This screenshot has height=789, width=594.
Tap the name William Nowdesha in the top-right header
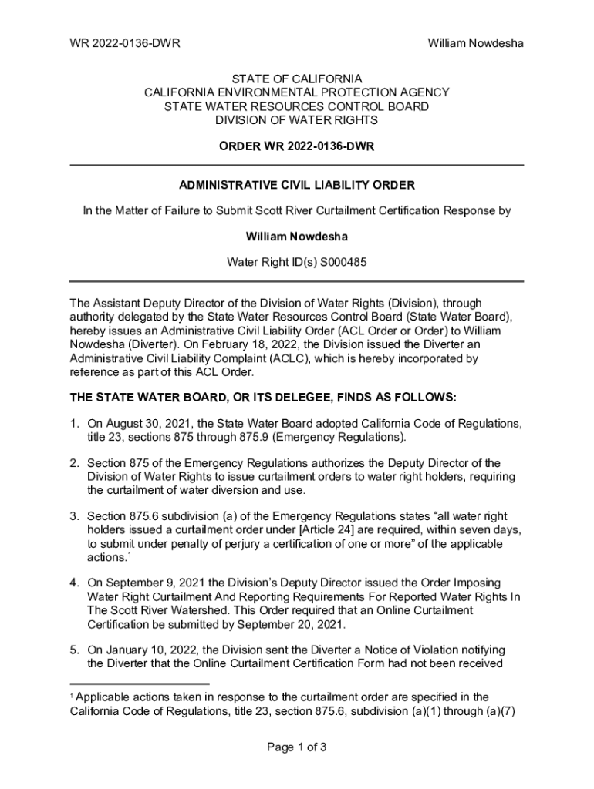click(476, 43)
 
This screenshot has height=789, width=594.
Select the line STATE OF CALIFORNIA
click(297, 79)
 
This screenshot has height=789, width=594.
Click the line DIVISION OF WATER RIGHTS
click(297, 120)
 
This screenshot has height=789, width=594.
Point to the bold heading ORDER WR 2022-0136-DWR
click(297, 146)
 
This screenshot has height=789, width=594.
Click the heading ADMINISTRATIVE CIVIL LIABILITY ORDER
click(297, 186)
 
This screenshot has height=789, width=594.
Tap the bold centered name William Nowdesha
click(297, 237)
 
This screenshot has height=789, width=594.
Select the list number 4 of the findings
click(74, 583)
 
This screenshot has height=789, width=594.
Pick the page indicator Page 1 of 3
click(297, 747)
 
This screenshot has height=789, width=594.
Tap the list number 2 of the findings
click(74, 463)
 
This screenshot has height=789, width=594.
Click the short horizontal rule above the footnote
click(140, 683)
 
